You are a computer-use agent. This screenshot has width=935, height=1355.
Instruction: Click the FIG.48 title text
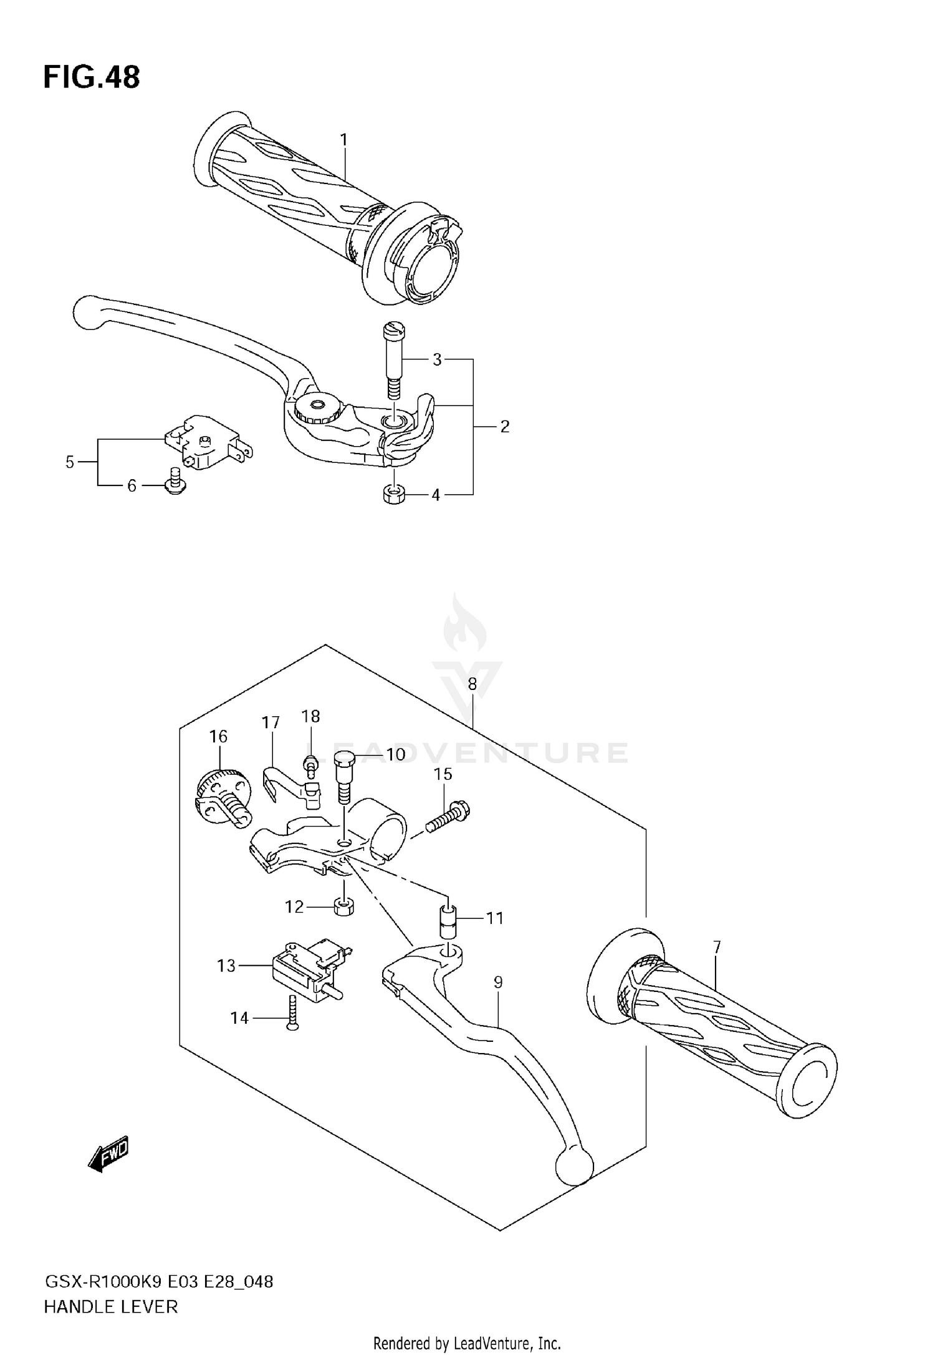point(92,77)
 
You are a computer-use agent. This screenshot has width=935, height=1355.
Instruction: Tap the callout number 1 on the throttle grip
point(343,140)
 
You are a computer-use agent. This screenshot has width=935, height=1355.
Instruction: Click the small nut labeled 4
point(393,495)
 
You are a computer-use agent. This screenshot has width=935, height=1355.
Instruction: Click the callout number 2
point(504,427)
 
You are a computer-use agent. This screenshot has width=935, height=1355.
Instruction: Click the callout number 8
point(472,684)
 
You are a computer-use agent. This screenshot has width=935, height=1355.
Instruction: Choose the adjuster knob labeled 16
point(223,799)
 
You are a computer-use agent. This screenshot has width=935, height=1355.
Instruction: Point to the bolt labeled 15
point(449,818)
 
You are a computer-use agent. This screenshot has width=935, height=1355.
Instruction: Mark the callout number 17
point(271,722)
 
